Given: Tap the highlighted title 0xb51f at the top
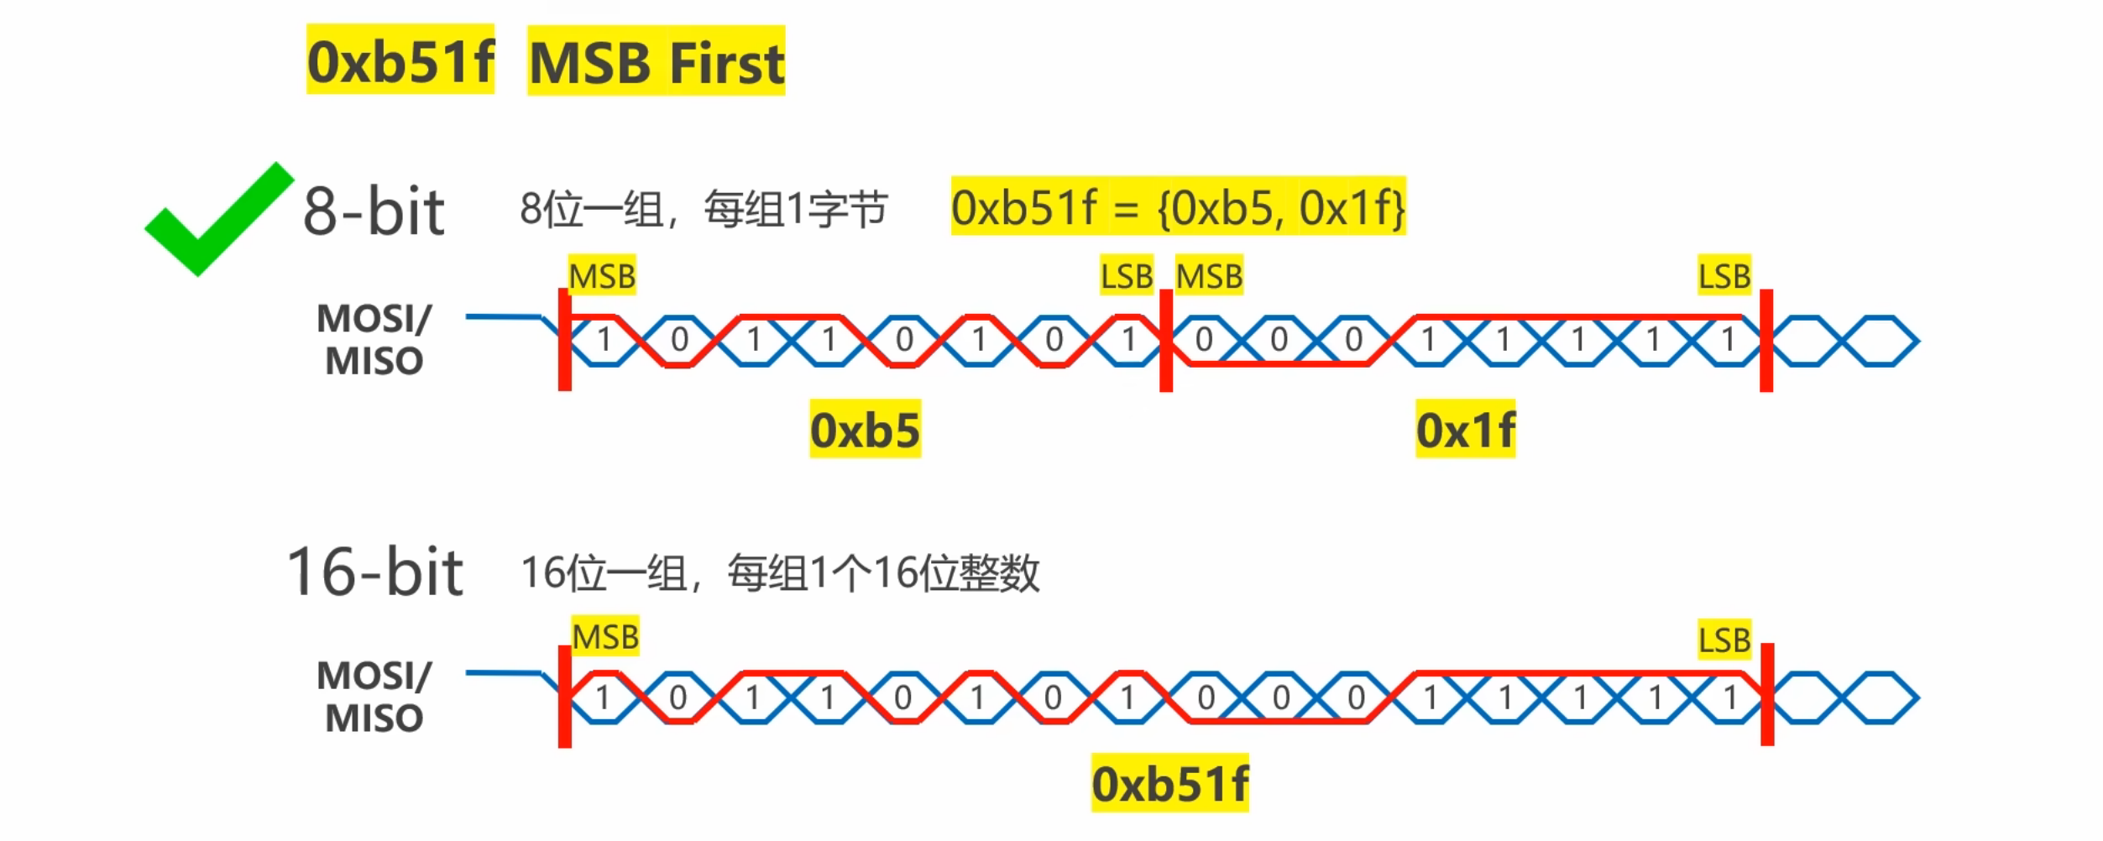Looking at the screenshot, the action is pos(400,60).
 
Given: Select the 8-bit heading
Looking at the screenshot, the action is pos(374,212).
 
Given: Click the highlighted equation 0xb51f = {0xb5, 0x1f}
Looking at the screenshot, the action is pos(1178,207).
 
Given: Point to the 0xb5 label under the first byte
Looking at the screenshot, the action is pos(865,430).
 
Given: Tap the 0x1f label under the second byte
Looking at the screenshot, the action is pos(1465,430).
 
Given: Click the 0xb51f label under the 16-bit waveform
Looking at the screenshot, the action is pos(1169,784).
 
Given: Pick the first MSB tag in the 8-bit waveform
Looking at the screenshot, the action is pos(602,275).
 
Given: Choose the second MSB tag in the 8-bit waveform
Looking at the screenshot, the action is pos(1209,275).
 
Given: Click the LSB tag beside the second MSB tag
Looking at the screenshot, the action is pos(1127,275).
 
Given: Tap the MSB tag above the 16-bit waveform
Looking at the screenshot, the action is pos(605,636).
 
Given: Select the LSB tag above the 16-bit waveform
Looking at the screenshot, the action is pos(1724,640).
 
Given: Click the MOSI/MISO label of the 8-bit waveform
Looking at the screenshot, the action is pos(374,339).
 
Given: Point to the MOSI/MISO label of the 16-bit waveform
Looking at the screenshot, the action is pos(374,697).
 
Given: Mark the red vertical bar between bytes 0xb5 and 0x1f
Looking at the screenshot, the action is pos(1166,340).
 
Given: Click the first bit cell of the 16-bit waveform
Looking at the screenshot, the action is pos(602,697).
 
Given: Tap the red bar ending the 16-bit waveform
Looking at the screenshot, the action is pos(1767,694).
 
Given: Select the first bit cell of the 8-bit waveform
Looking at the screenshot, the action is pos(603,340).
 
